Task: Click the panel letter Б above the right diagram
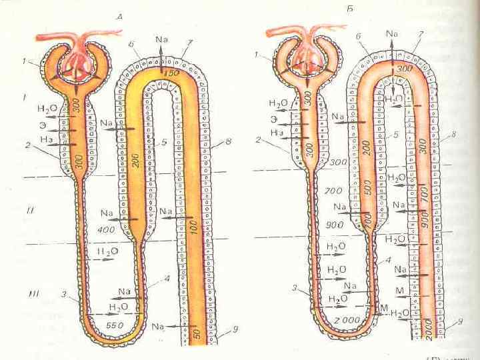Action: click(351, 9)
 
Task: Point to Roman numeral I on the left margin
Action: click(25, 97)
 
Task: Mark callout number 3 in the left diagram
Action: click(63, 294)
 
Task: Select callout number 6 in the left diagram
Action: click(132, 45)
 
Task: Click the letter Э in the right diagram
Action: click(273, 119)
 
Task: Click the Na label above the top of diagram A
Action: click(161, 39)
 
